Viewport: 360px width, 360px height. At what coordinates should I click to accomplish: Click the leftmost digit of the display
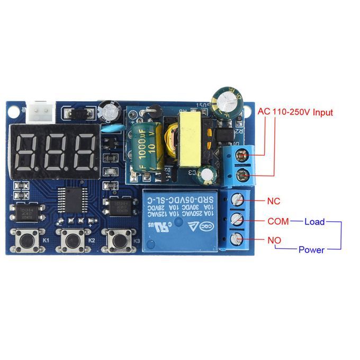(x=25, y=151)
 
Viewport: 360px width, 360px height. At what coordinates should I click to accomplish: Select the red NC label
(x=274, y=201)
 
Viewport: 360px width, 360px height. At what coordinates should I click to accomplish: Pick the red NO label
(x=274, y=240)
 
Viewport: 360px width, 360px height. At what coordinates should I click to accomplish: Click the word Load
(x=314, y=221)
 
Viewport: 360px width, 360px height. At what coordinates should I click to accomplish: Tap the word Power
(x=311, y=250)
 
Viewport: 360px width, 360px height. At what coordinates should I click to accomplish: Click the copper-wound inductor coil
(x=172, y=139)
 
